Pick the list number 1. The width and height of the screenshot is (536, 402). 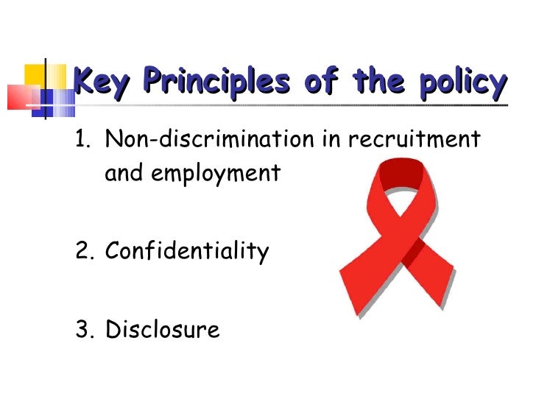pos(82,138)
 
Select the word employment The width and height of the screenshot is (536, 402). pos(221,174)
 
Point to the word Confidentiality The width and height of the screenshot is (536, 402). pos(187,252)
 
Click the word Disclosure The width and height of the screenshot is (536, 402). pos(163,329)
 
